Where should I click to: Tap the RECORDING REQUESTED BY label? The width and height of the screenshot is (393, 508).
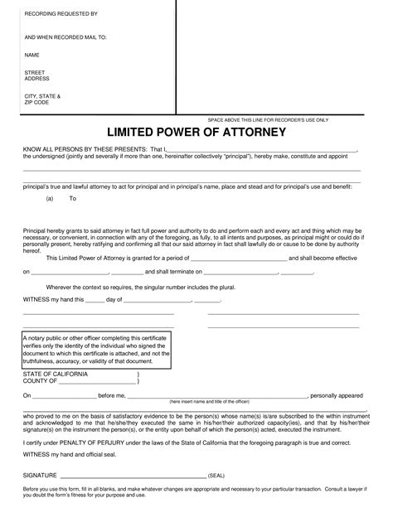click(x=55, y=15)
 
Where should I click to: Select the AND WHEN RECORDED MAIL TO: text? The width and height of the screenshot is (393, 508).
click(x=65, y=37)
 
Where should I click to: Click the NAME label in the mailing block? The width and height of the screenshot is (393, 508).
click(x=32, y=55)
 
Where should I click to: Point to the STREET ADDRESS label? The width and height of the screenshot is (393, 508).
click(x=37, y=75)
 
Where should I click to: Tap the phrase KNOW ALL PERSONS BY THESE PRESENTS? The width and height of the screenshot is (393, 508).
click(x=84, y=149)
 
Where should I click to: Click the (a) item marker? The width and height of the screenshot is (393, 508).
click(x=51, y=199)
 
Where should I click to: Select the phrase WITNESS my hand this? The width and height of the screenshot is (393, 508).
click(x=52, y=299)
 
